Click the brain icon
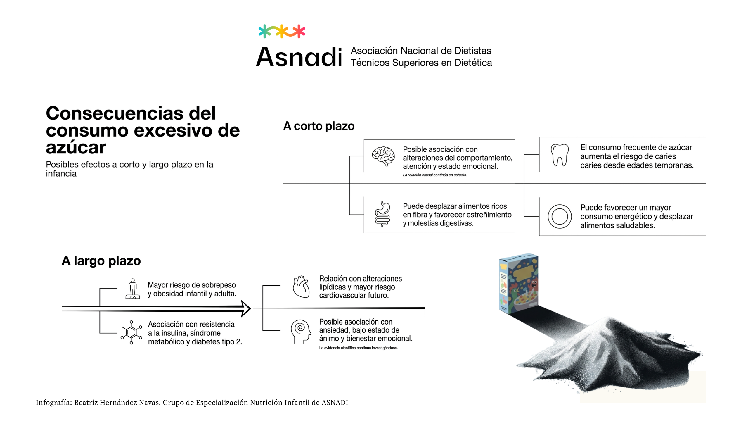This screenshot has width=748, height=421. pos(383,156)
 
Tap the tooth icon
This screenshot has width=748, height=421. pos(560,155)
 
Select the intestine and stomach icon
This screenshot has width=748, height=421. pos(382,214)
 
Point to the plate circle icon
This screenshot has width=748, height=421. pos(560,216)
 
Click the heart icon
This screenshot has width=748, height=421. pos(301,287)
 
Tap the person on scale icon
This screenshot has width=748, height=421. pos(133,289)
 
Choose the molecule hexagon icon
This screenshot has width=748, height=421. pos(131,332)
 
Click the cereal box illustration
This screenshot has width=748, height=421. pos(519,283)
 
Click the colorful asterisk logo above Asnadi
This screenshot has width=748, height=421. pos(282,31)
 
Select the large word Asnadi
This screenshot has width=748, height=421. pos(299,57)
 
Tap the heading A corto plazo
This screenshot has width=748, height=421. pos(319,126)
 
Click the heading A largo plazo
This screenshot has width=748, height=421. pos(101,260)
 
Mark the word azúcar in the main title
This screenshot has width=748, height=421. pos(76,147)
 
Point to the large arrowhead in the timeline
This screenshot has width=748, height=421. pos(245,308)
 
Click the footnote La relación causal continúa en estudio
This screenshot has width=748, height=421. pos(435,175)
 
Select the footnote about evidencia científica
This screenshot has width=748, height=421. pos(358,348)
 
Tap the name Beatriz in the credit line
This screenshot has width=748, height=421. pos(86,403)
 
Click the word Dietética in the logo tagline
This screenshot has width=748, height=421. pos(473,63)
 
